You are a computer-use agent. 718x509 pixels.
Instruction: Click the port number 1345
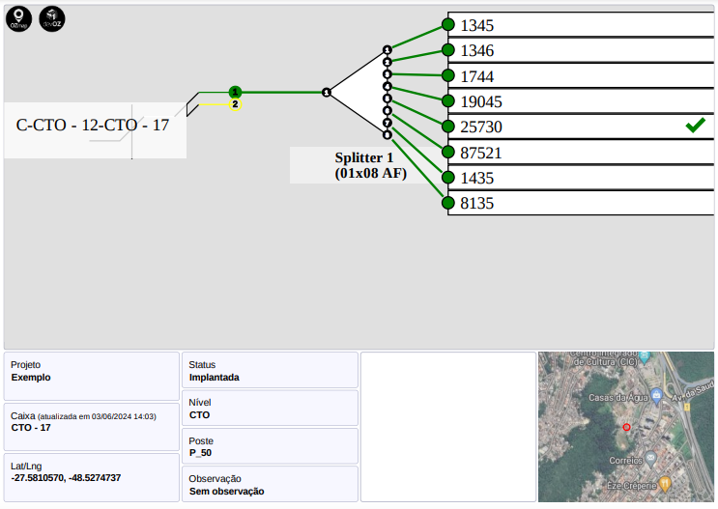point(476,26)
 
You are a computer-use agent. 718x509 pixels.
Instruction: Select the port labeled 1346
point(476,51)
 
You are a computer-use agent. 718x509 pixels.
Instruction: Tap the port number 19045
point(481,101)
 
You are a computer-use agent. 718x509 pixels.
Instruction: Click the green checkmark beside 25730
point(695,126)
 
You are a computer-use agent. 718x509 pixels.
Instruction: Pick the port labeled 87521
point(481,153)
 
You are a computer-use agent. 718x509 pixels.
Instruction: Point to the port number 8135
point(476,204)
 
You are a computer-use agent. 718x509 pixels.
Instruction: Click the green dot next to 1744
point(447,75)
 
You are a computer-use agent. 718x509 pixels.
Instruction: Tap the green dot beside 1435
point(447,177)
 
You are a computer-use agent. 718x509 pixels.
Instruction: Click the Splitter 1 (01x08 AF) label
point(363,165)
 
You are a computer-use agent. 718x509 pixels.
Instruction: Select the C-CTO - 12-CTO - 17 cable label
point(93,125)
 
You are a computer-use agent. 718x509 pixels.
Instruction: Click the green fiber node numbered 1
point(235,92)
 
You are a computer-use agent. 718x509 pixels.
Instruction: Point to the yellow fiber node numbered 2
point(235,104)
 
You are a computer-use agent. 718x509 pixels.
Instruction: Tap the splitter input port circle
point(327,92)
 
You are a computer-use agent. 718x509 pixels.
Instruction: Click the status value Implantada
point(214,378)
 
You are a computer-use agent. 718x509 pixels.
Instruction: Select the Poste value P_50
point(200,452)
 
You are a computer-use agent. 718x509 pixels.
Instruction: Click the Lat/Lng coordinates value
point(66,478)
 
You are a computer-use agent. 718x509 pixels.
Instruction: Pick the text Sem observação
point(226,491)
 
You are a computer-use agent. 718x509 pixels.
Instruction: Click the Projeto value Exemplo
point(31,378)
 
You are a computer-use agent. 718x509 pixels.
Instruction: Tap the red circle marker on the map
point(626,427)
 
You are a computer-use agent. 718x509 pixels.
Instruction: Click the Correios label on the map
point(625,461)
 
